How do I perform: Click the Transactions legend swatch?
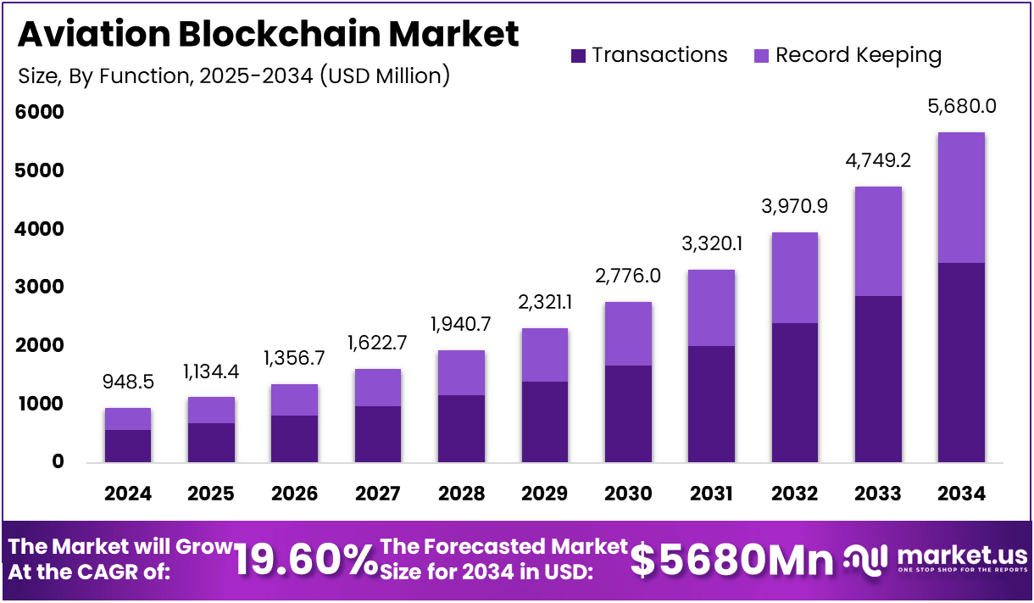tap(579, 56)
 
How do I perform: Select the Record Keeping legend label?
tap(859, 55)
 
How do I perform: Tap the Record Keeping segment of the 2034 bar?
tap(961, 198)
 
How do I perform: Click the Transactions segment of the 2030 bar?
tap(628, 414)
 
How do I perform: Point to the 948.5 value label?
tap(128, 382)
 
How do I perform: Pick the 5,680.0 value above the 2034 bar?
tap(961, 106)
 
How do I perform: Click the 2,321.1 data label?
tap(545, 303)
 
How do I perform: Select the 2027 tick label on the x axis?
tap(378, 494)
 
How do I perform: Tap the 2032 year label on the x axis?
tap(794, 494)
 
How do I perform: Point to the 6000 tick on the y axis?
tap(40, 112)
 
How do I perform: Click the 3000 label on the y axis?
tap(40, 287)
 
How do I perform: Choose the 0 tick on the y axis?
tap(58, 462)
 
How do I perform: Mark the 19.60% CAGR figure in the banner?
tap(305, 560)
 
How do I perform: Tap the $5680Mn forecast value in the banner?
tap(732, 560)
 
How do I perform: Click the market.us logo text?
tap(961, 556)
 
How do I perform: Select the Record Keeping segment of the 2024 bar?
tap(128, 419)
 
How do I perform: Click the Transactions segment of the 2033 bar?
tap(878, 379)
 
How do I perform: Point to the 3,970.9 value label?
tap(794, 206)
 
